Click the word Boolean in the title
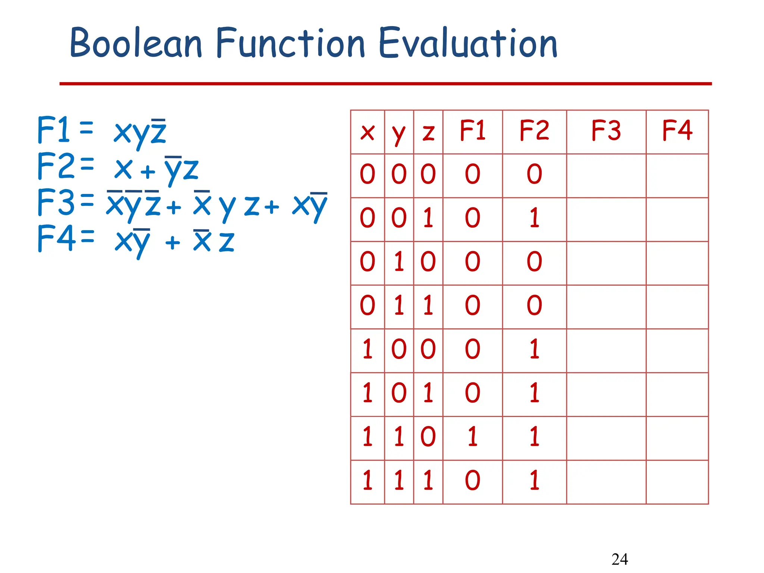[136, 43]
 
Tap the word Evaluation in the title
[468, 43]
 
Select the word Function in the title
[290, 43]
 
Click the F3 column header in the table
[606, 131]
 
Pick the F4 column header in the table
[677, 131]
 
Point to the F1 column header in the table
[473, 131]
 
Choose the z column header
[428, 132]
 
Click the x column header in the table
[367, 132]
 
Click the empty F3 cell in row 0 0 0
[606, 175]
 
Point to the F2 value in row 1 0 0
[535, 349]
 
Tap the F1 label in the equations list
[54, 130]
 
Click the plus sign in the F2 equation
[148, 172]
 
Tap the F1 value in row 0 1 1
[473, 306]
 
